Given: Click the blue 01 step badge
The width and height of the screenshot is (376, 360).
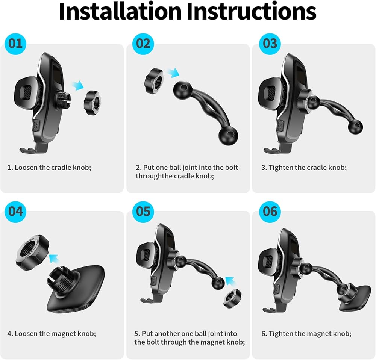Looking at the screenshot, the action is pos(15,44).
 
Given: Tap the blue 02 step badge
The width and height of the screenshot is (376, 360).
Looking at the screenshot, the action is pos(143,44).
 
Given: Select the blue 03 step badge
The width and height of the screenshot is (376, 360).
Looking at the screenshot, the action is pos(270,44).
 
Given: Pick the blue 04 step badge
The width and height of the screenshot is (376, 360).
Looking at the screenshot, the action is pos(15,212).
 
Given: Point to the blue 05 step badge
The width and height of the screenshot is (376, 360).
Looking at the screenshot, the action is pos(143,212).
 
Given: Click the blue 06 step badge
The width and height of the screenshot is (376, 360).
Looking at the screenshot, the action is pos(270,212).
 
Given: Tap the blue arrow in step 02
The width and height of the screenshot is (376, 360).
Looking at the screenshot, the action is pos(173,73).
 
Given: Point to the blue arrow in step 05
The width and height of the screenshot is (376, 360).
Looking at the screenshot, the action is pos(231,281).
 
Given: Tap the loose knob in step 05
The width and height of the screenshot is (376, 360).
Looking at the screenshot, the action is pos(232,298).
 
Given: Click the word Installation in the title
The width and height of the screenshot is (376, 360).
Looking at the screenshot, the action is pos(120,11).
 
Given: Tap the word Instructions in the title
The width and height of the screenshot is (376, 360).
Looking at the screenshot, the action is pos(252,11).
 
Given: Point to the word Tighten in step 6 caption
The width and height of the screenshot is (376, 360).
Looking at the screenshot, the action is pos(281,334).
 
